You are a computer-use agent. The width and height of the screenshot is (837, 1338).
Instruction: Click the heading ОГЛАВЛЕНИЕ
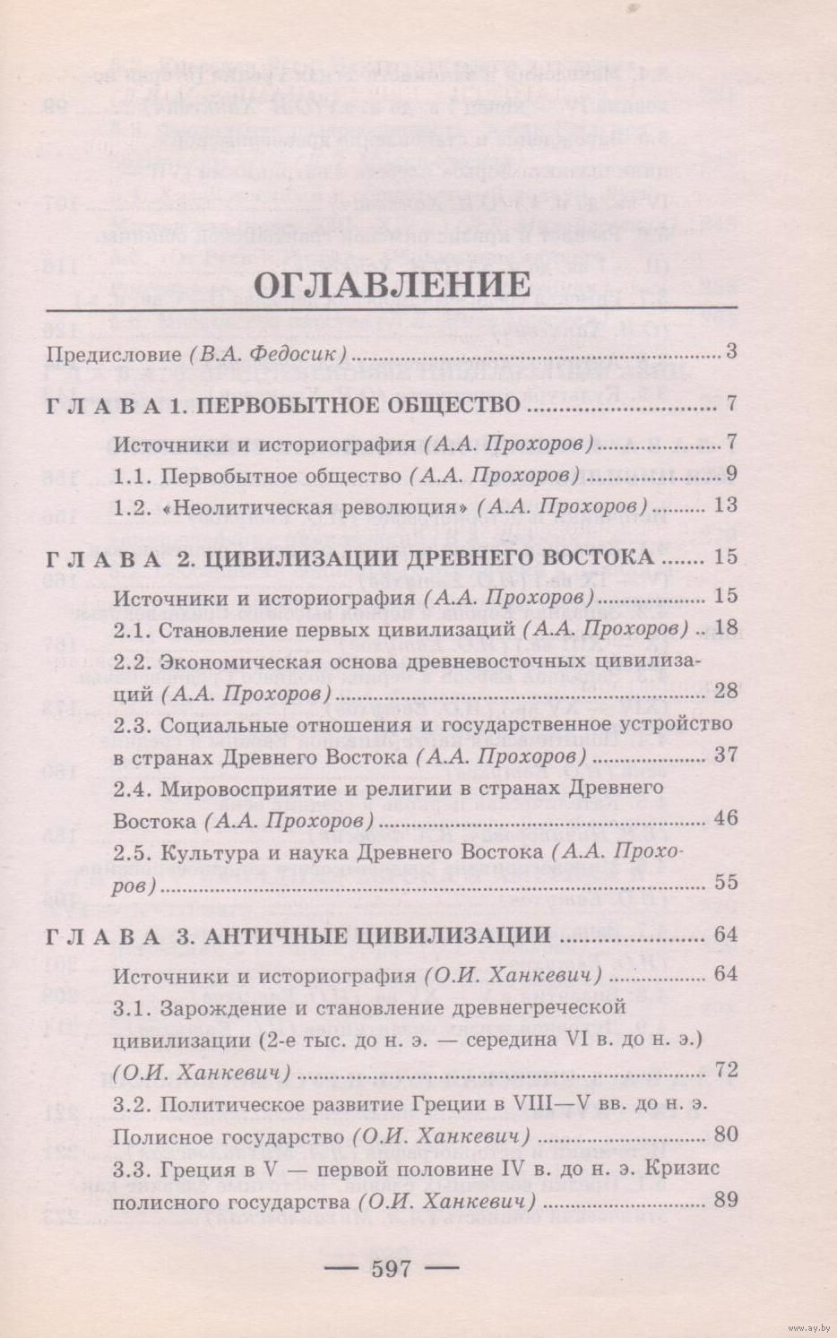coord(393,284)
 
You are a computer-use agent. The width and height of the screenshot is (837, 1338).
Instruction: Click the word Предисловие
coord(114,353)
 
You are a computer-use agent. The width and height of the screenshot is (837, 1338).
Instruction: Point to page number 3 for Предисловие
coord(730,352)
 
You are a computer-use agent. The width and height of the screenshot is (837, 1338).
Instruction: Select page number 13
coord(725,505)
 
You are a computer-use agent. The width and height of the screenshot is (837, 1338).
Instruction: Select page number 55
coord(725,882)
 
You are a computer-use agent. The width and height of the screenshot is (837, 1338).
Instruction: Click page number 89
coord(725,1198)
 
